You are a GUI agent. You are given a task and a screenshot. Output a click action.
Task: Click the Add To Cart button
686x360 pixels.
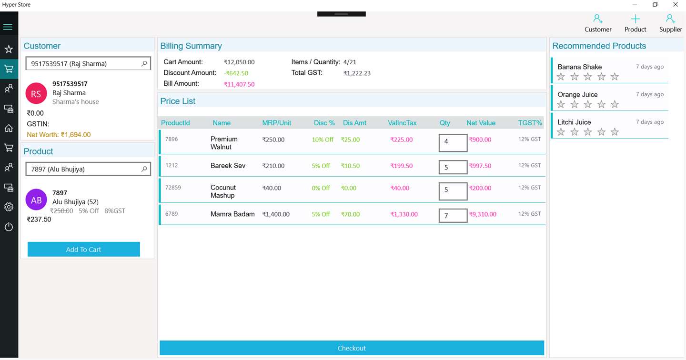83,250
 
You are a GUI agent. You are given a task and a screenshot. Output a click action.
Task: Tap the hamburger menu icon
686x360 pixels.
8,27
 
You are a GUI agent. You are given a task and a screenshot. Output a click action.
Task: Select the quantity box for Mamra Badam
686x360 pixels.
453,216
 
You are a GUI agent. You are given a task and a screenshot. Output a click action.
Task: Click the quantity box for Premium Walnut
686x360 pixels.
453,142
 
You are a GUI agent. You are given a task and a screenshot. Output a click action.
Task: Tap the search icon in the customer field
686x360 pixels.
144,63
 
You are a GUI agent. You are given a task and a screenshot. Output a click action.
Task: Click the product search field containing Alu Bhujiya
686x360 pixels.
83,169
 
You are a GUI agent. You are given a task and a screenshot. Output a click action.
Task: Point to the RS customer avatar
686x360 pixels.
36,94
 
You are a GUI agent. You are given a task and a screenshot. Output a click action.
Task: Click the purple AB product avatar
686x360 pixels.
36,200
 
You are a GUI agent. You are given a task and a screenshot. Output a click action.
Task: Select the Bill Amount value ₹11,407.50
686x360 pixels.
239,84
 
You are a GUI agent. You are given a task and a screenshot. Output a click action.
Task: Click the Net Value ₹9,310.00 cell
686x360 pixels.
483,214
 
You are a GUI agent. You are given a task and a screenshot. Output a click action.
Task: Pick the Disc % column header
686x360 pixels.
324,123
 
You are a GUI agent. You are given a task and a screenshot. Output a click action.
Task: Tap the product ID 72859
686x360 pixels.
173,188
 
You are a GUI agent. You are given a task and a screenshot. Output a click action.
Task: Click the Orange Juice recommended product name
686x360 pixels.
577,95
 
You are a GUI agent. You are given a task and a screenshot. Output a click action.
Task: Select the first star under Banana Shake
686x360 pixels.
561,77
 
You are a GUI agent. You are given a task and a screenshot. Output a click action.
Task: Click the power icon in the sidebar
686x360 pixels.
9,227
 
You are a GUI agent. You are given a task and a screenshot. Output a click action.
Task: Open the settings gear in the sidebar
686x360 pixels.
9,207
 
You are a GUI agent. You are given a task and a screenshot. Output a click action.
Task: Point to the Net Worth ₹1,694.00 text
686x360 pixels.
59,135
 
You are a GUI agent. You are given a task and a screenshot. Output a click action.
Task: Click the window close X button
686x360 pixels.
675,4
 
